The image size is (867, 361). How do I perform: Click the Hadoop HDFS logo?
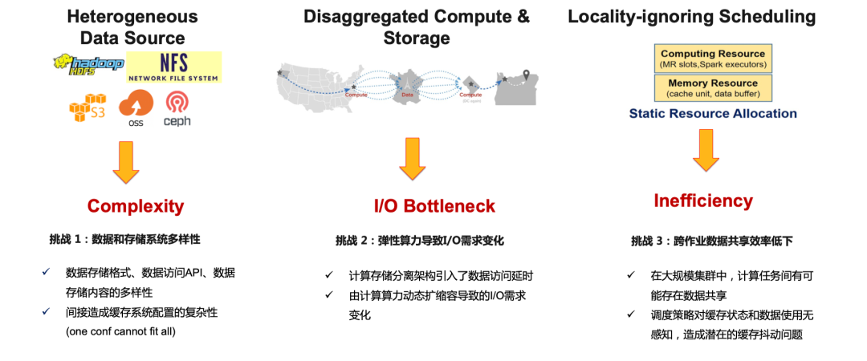pos(90,64)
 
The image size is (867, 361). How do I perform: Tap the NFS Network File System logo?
pos(173,67)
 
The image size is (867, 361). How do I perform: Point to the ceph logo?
pos(177,108)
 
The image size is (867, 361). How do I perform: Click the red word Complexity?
pos(136,206)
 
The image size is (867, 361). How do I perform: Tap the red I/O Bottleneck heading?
pos(434,206)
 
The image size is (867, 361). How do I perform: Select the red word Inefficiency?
pos(703,201)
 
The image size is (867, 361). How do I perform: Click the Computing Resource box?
pos(713,59)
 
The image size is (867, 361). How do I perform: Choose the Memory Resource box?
pos(713,87)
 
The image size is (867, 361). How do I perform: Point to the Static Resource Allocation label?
pos(713,113)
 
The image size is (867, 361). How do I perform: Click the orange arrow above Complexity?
pos(126,160)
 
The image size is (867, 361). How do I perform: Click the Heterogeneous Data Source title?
pos(132,26)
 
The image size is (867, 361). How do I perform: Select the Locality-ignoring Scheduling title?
pos(691,16)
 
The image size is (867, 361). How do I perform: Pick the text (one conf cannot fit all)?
pos(120,331)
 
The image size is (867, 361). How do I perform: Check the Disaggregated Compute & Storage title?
pos(417,26)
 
